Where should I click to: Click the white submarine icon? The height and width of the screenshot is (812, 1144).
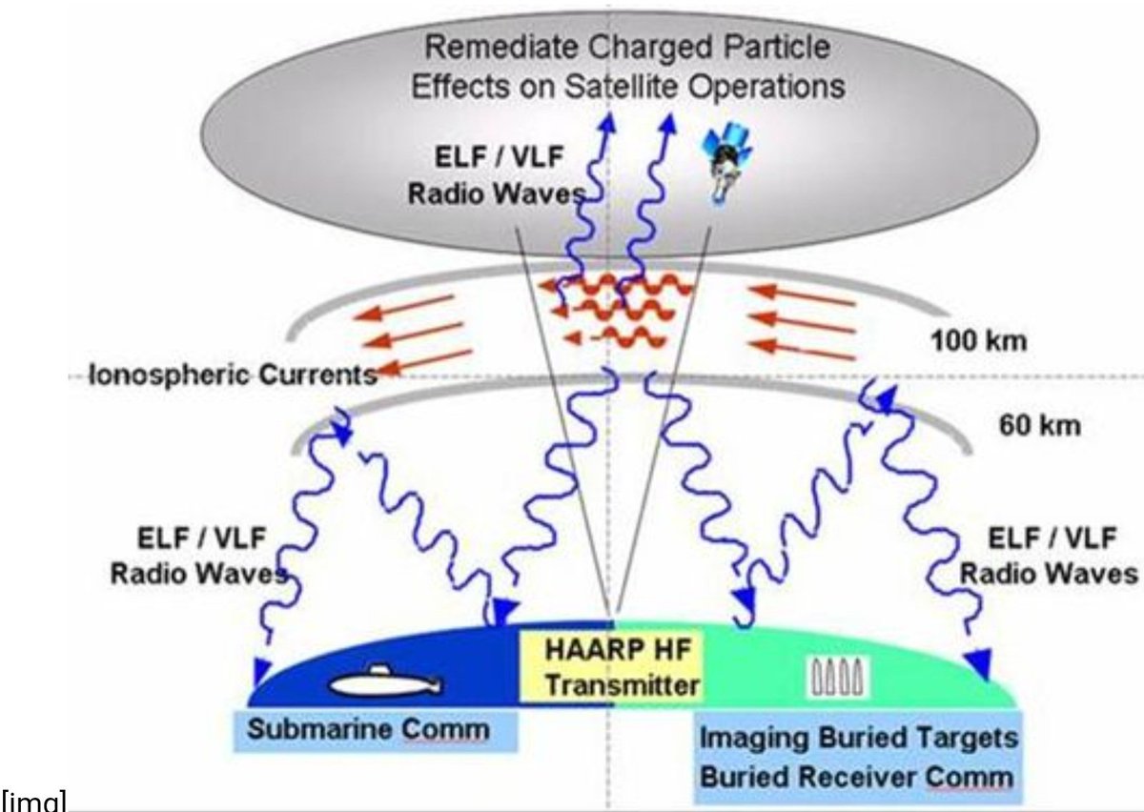click(385, 682)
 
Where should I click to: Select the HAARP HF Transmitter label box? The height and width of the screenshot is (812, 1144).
click(610, 668)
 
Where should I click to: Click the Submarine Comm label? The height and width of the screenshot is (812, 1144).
click(369, 731)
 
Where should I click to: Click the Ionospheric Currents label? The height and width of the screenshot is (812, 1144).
click(233, 375)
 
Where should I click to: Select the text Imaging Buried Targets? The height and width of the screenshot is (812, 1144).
click(858, 739)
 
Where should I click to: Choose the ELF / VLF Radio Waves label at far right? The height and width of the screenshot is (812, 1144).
click(1048, 557)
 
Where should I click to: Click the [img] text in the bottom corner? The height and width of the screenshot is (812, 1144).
click(32, 802)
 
